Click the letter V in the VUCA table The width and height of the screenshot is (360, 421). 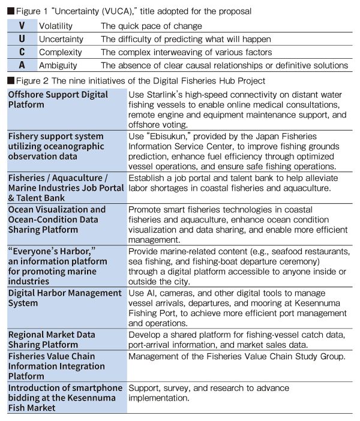click(x=22, y=26)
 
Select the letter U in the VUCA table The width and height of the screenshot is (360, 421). click(x=22, y=39)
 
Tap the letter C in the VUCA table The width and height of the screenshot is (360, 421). click(x=22, y=52)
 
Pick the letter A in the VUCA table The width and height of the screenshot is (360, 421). click(x=22, y=65)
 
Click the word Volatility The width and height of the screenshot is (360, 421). click(x=56, y=26)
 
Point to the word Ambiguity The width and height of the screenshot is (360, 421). click(x=58, y=65)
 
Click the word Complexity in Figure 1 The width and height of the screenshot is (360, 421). click(x=61, y=52)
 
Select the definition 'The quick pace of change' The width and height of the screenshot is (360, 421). click(x=151, y=26)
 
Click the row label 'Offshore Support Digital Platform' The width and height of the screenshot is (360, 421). click(x=58, y=100)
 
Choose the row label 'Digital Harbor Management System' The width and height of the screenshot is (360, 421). click(x=64, y=298)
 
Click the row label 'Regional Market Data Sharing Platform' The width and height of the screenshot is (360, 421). click(x=54, y=339)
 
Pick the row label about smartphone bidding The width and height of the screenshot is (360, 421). click(x=65, y=398)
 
